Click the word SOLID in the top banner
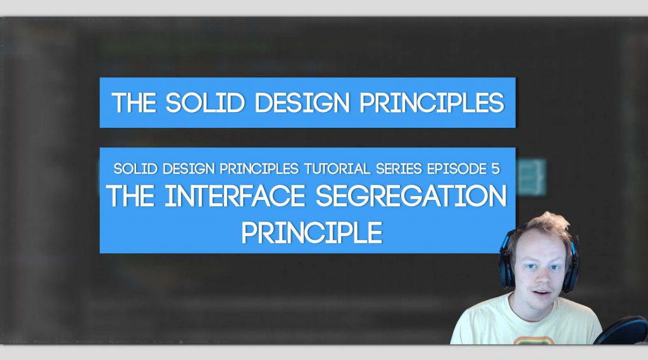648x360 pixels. (206, 102)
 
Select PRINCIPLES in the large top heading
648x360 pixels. (432, 102)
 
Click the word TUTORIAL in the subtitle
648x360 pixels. (337, 169)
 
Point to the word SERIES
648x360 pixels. (399, 169)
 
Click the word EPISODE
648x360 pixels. (457, 169)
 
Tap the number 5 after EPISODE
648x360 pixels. (495, 169)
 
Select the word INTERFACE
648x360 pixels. (235, 196)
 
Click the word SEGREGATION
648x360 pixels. (411, 196)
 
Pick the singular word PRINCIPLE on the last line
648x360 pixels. (312, 233)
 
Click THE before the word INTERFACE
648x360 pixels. (130, 196)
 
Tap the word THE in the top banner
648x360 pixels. (134, 102)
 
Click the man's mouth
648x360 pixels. (542, 293)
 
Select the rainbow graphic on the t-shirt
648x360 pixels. (533, 340)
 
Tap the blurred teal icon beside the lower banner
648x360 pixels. (531, 177)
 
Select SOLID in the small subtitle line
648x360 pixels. (135, 169)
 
